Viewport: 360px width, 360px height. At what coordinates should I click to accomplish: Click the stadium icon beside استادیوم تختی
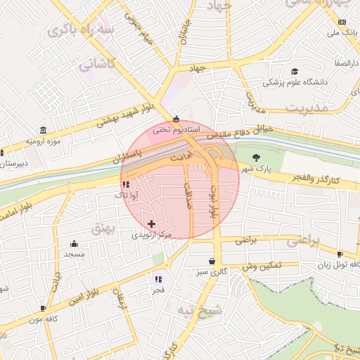176,119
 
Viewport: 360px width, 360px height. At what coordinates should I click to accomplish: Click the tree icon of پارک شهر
255,157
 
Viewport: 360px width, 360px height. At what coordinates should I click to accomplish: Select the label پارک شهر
255,169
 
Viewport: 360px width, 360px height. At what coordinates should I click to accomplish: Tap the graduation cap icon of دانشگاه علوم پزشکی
294,72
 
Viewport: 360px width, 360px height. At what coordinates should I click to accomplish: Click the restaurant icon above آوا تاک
126,184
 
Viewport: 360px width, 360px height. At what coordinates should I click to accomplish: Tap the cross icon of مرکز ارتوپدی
151,224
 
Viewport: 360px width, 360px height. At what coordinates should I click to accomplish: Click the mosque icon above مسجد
74,243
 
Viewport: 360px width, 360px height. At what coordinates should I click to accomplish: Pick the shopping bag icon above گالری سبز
212,259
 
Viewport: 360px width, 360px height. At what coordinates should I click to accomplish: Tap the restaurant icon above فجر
157,278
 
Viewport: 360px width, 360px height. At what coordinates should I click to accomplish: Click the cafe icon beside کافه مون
43,308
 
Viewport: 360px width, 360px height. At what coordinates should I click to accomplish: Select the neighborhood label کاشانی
95,65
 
